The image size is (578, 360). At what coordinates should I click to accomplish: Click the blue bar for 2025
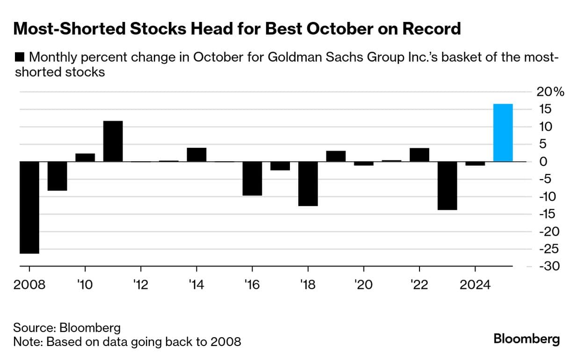[x=503, y=133]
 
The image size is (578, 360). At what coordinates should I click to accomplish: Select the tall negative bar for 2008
[x=29, y=208]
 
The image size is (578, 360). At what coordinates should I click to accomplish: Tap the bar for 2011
[x=113, y=141]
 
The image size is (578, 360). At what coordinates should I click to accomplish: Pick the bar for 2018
[x=308, y=184]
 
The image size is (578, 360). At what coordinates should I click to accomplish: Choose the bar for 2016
[x=252, y=179]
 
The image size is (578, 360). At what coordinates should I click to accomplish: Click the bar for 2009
[x=57, y=176]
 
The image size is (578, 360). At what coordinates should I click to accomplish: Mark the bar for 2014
[x=196, y=155]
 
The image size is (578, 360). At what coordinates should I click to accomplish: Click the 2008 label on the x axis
[x=29, y=285]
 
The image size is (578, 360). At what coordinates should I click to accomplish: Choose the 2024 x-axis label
[x=475, y=285]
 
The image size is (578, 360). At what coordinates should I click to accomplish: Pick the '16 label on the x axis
[x=252, y=285]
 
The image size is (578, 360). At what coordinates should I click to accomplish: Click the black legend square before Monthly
[x=20, y=58]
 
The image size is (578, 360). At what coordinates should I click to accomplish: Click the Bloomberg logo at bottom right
[x=526, y=338]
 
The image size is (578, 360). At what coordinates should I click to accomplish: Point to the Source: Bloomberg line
[x=67, y=327]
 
